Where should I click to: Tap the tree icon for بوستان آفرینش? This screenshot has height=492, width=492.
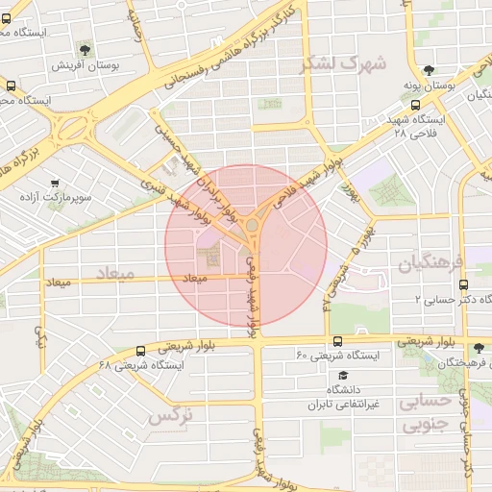coord(86,48)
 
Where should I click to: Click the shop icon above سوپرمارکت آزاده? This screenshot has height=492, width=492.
coord(55,183)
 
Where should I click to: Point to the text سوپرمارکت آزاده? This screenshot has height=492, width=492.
coord(55,198)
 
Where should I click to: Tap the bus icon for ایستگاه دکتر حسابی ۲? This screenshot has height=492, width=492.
coord(464,284)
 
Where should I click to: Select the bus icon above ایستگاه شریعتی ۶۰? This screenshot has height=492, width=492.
coord(337,340)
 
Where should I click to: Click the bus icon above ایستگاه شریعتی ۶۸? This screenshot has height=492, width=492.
coord(141,351)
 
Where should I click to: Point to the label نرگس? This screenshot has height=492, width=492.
coord(171,417)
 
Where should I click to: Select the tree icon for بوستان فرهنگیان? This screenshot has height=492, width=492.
coord(479,348)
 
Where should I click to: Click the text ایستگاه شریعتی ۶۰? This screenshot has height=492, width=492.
coord(338,356)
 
